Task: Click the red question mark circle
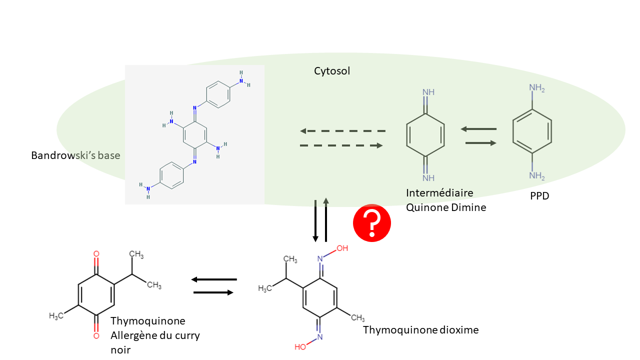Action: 372,223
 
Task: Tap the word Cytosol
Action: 332,71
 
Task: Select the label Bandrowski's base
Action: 75,155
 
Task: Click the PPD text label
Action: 539,196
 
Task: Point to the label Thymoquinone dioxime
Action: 420,330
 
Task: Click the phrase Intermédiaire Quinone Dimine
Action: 446,200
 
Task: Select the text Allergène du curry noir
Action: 155,342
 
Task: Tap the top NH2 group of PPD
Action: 536,88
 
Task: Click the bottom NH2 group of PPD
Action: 536,175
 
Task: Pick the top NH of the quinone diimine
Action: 428,92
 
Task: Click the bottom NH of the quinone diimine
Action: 428,177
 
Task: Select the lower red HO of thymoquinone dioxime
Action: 300,346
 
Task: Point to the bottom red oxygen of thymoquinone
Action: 96,336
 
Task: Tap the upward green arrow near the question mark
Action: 326,219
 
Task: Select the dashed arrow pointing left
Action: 342,131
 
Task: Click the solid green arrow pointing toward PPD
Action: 480,143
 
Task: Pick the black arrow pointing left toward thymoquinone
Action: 214,279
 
